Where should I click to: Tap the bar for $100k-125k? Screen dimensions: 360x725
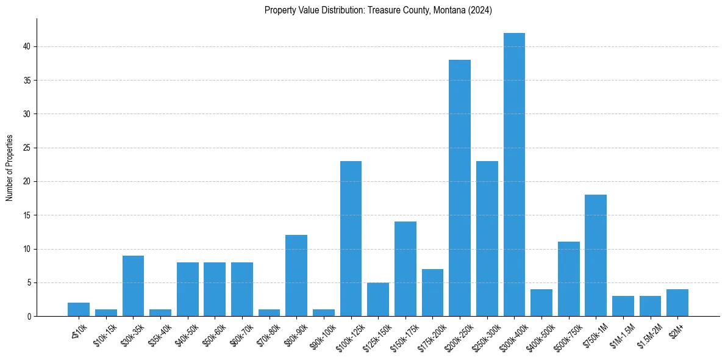pyautogui.click(x=351, y=239)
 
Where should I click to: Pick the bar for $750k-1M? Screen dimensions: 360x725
pyautogui.click(x=596, y=256)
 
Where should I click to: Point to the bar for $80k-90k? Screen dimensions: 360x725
pyautogui.click(x=296, y=276)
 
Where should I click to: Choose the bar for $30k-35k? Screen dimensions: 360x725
pyautogui.click(x=133, y=286)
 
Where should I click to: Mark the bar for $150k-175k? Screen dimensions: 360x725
pyautogui.click(x=405, y=269)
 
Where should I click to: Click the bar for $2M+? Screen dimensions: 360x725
pyautogui.click(x=677, y=303)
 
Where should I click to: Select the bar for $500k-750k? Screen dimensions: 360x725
pyautogui.click(x=568, y=279)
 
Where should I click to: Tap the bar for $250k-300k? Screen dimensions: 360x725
pyautogui.click(x=487, y=239)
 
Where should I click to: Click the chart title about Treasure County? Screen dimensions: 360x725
pyautogui.click(x=378, y=10)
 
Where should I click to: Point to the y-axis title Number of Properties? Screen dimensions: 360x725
pyautogui.click(x=10, y=168)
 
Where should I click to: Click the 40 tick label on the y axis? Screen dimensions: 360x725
pyautogui.click(x=27, y=46)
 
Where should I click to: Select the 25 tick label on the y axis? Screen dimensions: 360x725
pyautogui.click(x=27, y=148)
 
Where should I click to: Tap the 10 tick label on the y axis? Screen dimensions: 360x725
pyautogui.click(x=27, y=249)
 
